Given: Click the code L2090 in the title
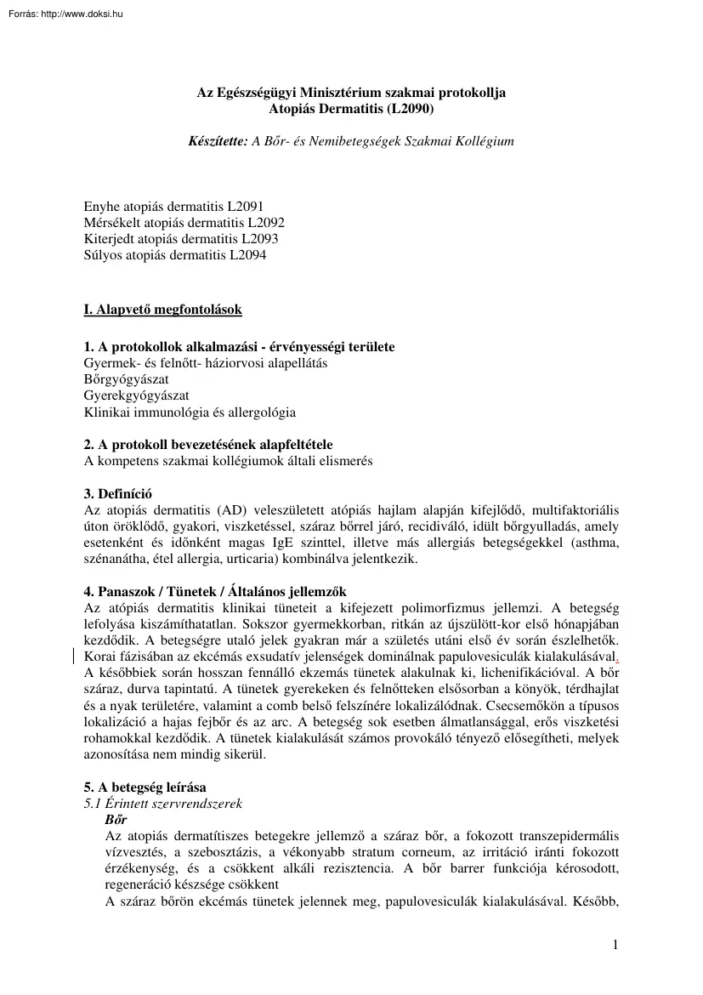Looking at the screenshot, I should coord(410,109).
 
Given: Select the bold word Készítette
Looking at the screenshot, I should coord(217,140).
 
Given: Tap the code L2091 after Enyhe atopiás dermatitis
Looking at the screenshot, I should coord(247,207).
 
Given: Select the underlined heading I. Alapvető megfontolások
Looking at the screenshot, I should coord(162,310).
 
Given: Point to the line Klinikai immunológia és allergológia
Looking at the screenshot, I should coord(190,412).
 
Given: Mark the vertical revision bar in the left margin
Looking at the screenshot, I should coord(74,656).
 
